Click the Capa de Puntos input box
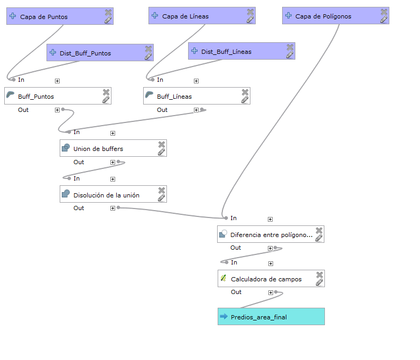click(x=60, y=16)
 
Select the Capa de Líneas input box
click(x=202, y=16)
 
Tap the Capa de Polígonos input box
click(x=335, y=16)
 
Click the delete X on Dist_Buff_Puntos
click(x=148, y=49)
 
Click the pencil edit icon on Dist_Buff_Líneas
click(x=290, y=55)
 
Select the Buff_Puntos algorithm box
click(x=58, y=96)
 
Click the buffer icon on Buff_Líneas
click(x=149, y=95)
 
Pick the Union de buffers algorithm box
click(x=113, y=148)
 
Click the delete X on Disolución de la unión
click(x=162, y=191)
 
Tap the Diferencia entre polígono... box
click(x=271, y=234)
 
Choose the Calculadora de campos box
click(x=272, y=279)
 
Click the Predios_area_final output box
click(x=272, y=317)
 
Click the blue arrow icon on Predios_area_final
click(x=223, y=316)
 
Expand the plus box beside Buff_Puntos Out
click(x=58, y=110)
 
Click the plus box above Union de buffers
click(x=113, y=134)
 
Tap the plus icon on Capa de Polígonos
click(x=288, y=15)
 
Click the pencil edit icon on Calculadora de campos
click(x=319, y=282)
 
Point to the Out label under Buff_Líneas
click(x=162, y=110)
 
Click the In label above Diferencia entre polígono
click(x=234, y=218)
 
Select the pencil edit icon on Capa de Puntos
click(x=108, y=20)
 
